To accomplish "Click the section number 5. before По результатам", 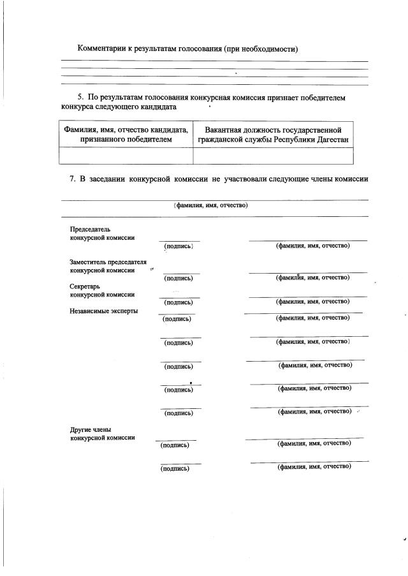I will [x=82, y=96].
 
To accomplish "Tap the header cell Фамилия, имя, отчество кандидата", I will [x=126, y=134].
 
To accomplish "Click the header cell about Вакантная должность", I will [x=273, y=134].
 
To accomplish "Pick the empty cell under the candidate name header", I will [x=126, y=156].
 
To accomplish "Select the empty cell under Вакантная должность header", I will [x=273, y=156].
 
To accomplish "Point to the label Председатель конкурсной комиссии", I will [x=102, y=233].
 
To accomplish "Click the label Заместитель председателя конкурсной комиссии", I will [x=108, y=266].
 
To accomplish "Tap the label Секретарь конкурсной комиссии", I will [x=102, y=291].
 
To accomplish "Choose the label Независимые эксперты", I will [x=104, y=311].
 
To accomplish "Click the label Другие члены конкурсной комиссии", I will [x=102, y=434].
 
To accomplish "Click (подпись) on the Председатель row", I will [x=178, y=246].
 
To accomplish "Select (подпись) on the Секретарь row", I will [x=178, y=302].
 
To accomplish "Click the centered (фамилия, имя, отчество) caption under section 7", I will [x=210, y=205].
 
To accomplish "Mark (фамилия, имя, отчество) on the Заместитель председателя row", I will [x=312, y=278].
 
